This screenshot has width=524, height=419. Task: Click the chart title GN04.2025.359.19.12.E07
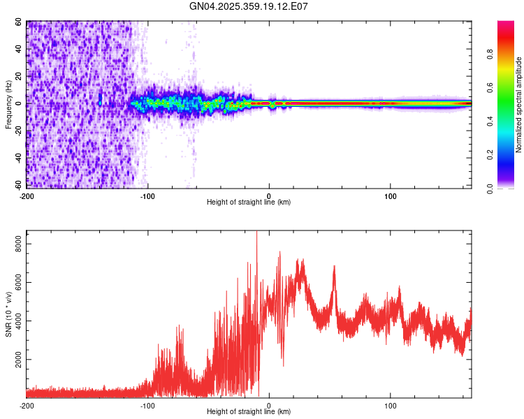click(249, 6)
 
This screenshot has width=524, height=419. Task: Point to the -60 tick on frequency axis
click(18, 184)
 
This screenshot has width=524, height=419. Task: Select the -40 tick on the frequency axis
click(18, 158)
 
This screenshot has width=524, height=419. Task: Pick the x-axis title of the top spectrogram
click(249, 202)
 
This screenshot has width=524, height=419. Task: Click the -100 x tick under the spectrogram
click(147, 195)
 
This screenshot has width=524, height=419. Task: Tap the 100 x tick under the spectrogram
click(391, 195)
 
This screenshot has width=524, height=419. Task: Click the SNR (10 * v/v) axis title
click(8, 314)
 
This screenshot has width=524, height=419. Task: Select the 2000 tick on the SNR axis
click(15, 360)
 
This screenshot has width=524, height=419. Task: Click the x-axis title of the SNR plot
click(249, 413)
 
